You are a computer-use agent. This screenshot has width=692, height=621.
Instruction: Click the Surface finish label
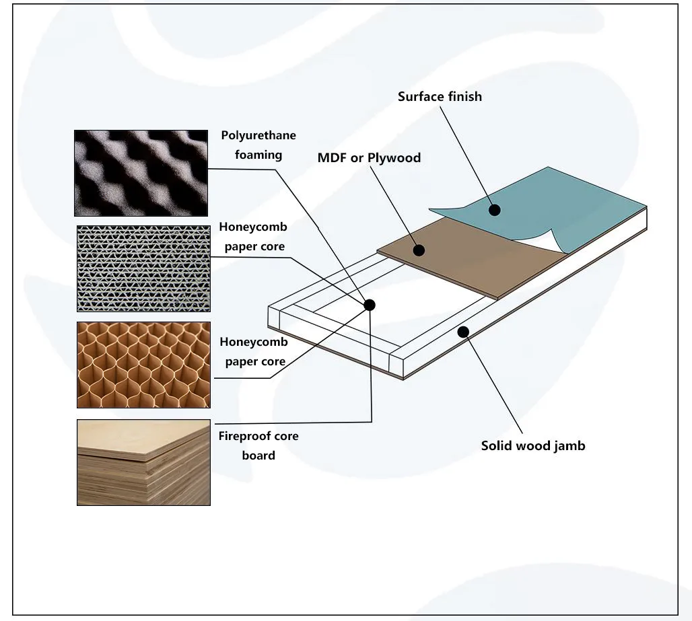pyautogui.click(x=440, y=97)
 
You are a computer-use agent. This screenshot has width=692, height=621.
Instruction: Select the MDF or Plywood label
pyautogui.click(x=369, y=158)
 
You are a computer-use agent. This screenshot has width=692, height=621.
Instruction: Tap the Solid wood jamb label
pyautogui.click(x=533, y=445)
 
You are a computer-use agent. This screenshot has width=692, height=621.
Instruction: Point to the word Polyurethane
pyautogui.click(x=258, y=136)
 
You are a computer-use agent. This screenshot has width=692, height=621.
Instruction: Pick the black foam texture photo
pyautogui.click(x=141, y=173)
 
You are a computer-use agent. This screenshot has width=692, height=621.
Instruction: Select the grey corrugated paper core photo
pyautogui.click(x=143, y=268)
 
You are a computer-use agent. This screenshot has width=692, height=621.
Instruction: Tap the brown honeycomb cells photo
pyautogui.click(x=143, y=365)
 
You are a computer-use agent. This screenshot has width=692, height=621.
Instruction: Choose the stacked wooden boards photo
pyautogui.click(x=143, y=462)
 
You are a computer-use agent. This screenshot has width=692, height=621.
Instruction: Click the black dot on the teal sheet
pyautogui.click(x=495, y=210)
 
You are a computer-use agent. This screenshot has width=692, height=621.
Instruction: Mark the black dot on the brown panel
pyautogui.click(x=419, y=250)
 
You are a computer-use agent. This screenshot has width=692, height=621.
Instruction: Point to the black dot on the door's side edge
pyautogui.click(x=463, y=331)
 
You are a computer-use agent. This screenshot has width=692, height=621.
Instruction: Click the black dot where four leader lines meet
pyautogui.click(x=369, y=305)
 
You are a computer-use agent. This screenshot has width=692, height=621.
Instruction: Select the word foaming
pyautogui.click(x=258, y=155)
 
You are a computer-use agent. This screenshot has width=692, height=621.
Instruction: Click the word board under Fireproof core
pyautogui.click(x=258, y=455)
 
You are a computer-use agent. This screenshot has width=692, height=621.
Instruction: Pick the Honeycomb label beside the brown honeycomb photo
pyautogui.click(x=253, y=342)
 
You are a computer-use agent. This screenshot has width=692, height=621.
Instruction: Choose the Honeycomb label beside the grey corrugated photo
pyautogui.click(x=253, y=227)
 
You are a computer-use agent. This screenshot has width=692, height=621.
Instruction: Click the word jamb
pyautogui.click(x=569, y=445)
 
